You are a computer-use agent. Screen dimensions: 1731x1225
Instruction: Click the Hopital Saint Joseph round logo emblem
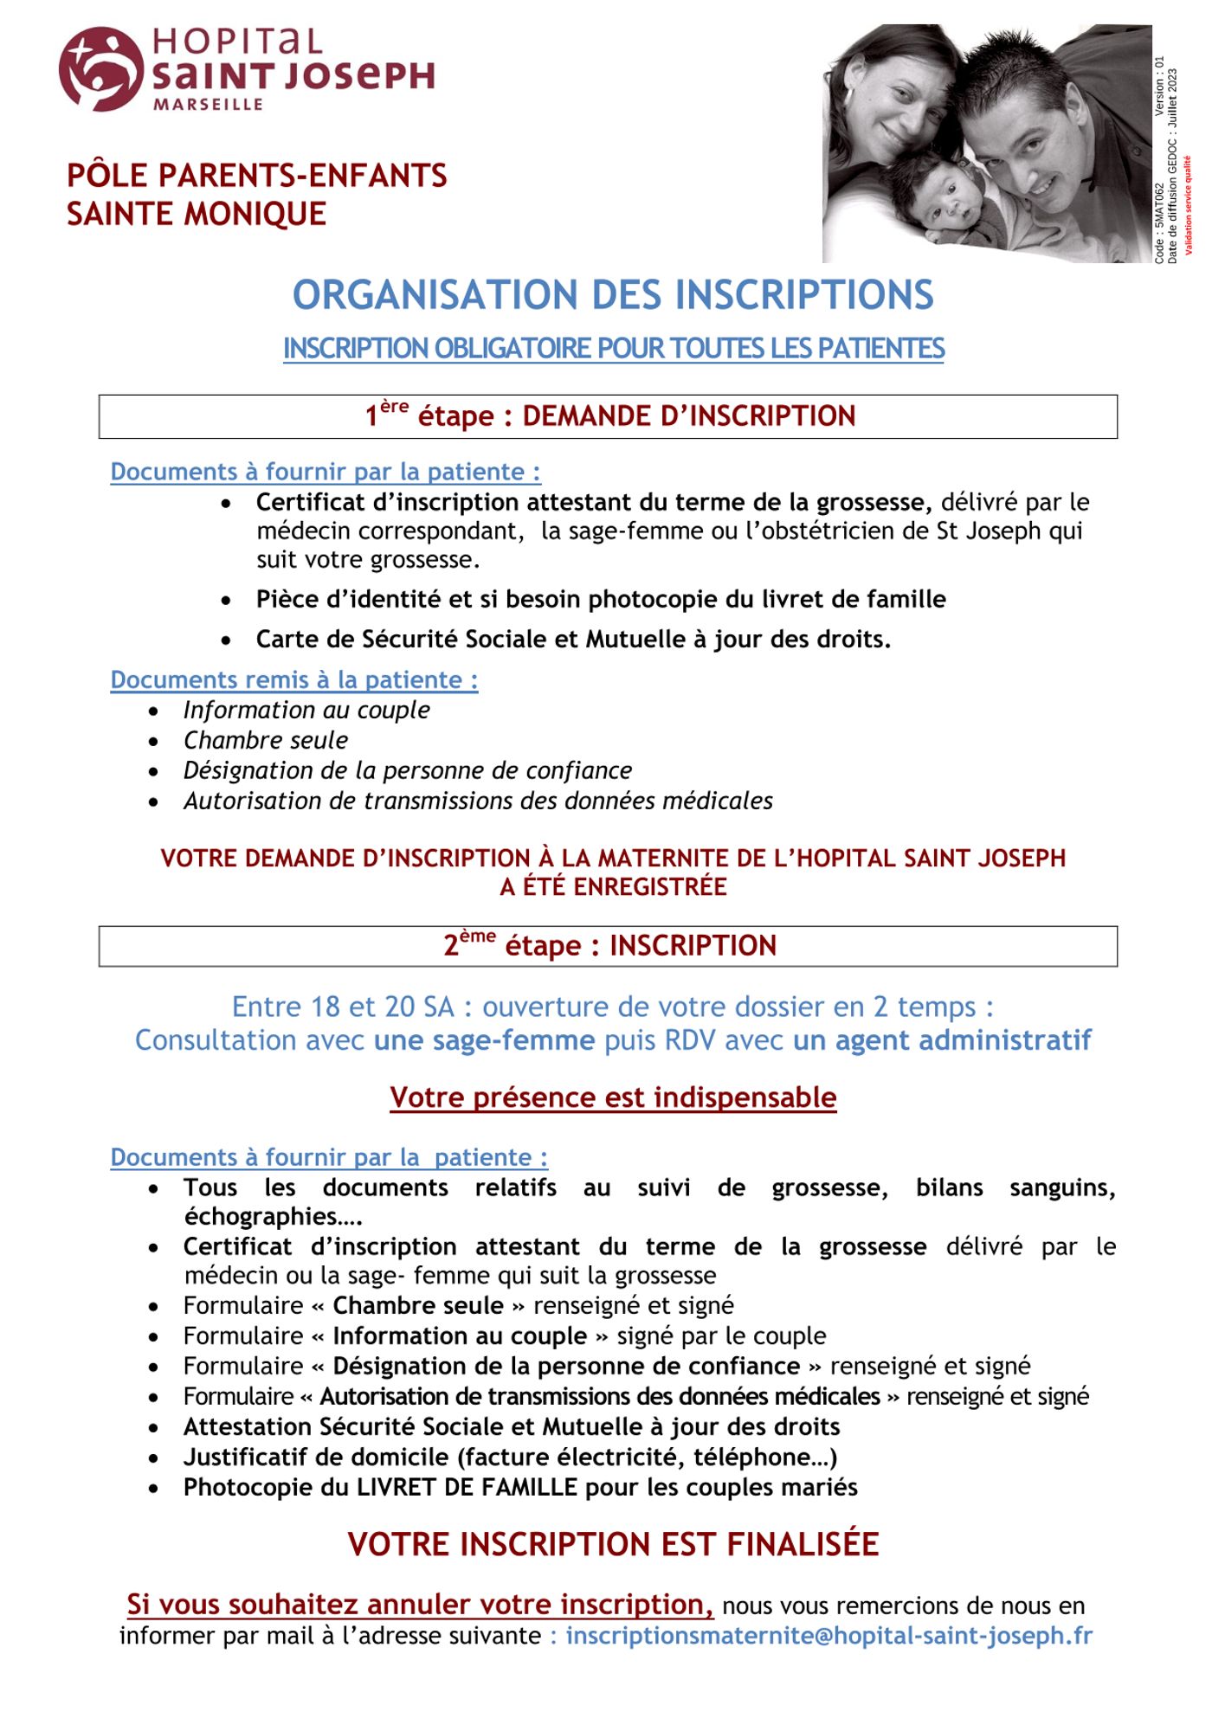click(x=100, y=68)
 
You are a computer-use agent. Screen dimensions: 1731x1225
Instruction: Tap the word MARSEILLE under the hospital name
click(x=208, y=105)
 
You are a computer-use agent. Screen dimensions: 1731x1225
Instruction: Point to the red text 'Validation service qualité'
click(x=1189, y=205)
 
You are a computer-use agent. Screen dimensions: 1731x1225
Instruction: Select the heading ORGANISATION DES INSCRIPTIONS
click(x=612, y=295)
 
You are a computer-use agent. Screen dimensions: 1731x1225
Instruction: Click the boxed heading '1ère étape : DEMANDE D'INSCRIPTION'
click(x=609, y=416)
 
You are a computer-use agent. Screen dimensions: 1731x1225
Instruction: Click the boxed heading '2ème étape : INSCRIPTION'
click(x=609, y=945)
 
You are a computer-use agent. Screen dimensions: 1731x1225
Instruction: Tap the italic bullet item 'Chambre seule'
click(x=265, y=740)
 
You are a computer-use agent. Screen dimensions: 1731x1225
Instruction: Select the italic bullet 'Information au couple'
click(x=306, y=710)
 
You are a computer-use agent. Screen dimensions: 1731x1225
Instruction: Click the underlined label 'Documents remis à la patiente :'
click(x=293, y=679)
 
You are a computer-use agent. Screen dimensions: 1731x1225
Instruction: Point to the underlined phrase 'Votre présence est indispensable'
click(x=612, y=1097)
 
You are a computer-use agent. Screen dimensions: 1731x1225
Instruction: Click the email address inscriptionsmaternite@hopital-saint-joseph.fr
click(x=828, y=1636)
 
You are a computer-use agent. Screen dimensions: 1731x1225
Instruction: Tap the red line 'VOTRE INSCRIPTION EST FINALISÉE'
click(x=612, y=1544)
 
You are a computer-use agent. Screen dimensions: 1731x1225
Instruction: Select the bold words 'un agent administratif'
click(x=942, y=1039)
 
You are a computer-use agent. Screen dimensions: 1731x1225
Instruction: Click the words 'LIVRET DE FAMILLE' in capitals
click(x=467, y=1487)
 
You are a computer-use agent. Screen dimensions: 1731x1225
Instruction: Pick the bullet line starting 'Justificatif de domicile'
click(x=509, y=1457)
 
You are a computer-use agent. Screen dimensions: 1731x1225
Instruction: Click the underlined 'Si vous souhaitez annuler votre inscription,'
click(x=420, y=1604)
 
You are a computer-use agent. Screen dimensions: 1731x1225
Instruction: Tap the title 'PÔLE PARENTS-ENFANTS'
click(x=256, y=176)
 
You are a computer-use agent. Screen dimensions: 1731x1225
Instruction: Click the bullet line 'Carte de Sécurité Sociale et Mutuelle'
click(x=572, y=639)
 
